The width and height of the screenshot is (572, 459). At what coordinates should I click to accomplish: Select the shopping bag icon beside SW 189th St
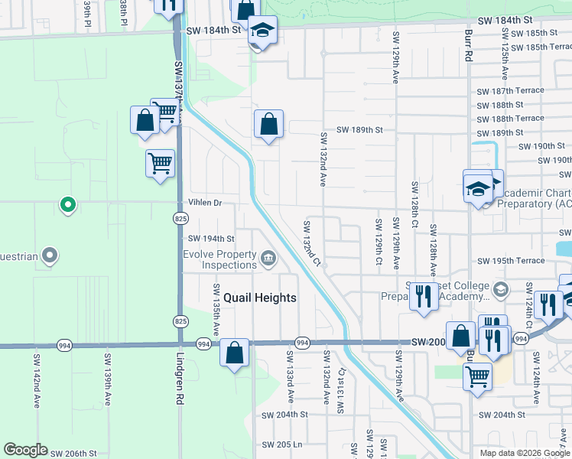(x=269, y=124)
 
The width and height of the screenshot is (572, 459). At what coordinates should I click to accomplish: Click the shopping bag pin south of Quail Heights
(x=236, y=353)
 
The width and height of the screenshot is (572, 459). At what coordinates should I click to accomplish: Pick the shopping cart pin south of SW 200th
(x=477, y=376)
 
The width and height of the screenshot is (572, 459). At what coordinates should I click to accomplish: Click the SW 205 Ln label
(x=282, y=444)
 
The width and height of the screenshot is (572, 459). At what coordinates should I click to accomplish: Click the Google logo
(x=25, y=450)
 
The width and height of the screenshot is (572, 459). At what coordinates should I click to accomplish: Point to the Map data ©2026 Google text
(x=525, y=453)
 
